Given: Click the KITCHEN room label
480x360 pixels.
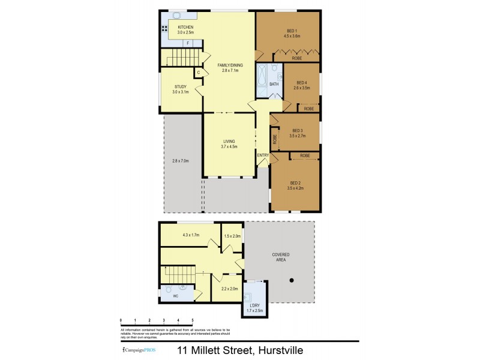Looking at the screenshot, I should coord(186,28).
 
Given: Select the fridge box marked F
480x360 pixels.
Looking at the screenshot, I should coord(188,44).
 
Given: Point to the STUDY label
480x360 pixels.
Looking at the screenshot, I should coord(181,86).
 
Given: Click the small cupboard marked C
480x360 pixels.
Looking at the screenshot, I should coord(197,73).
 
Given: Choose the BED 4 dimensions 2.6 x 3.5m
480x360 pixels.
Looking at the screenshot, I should coord(301,88).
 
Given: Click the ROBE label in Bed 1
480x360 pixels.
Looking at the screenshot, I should coord(297,59).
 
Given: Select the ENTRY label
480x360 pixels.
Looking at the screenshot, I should coord(263,156).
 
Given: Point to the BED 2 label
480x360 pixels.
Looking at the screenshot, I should coord(295,183).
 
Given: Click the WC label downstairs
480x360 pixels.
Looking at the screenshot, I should coord(176,296).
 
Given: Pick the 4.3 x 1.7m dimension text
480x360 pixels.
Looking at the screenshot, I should coord(190,235).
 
